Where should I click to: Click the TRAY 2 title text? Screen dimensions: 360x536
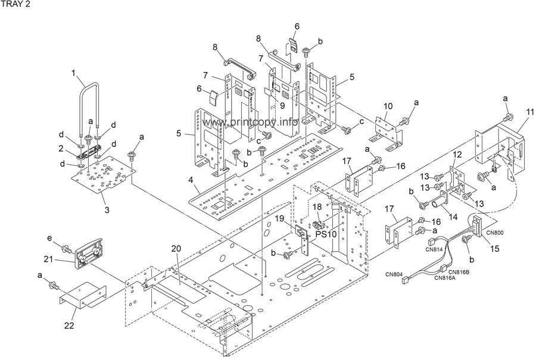coord(14,5)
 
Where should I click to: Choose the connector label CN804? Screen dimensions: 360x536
coord(394,274)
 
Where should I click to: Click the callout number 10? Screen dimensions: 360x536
coord(388,105)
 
